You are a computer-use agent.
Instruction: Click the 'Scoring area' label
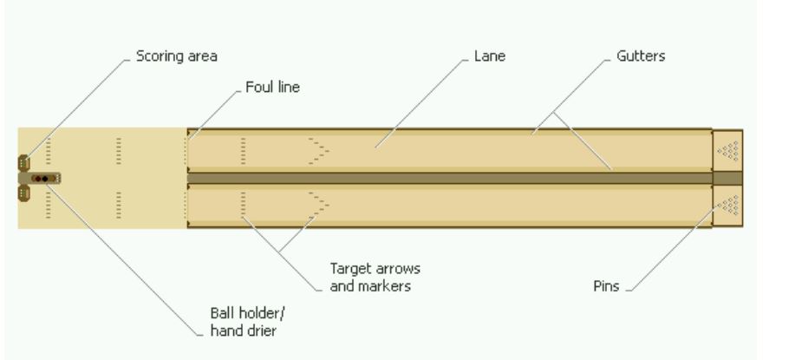[x=176, y=56]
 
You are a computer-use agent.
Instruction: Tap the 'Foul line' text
[x=271, y=88]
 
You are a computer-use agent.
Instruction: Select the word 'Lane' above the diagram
[x=489, y=56]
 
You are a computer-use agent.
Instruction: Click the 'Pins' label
[x=606, y=286]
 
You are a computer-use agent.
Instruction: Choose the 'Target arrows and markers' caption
[x=375, y=278]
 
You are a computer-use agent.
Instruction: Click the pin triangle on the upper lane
[x=729, y=150]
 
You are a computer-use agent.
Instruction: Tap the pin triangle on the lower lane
[x=729, y=205]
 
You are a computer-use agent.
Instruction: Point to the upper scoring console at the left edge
[x=23, y=161]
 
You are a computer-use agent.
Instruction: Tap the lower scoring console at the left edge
[x=23, y=194]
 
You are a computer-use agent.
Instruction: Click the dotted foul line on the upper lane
[x=186, y=151]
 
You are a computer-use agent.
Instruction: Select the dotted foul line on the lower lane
[x=186, y=206]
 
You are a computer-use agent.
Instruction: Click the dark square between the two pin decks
[x=727, y=178]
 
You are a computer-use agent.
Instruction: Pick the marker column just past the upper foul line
[x=243, y=151]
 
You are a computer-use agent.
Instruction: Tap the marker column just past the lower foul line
[x=243, y=206]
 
